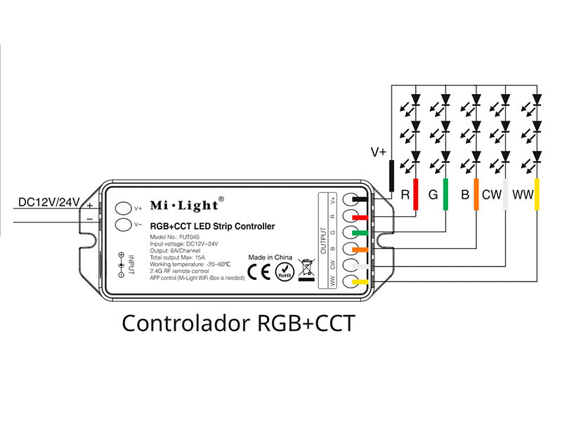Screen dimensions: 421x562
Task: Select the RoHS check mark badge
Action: click(x=284, y=270)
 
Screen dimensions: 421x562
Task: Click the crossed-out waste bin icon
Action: click(x=306, y=268)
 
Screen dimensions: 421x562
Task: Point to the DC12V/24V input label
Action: click(x=50, y=202)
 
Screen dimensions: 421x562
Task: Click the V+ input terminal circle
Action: click(x=123, y=208)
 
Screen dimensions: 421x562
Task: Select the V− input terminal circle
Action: click(x=123, y=225)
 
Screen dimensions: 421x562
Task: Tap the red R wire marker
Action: click(x=416, y=194)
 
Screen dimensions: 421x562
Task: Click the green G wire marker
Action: click(x=446, y=194)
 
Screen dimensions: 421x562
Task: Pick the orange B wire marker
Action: click(x=476, y=194)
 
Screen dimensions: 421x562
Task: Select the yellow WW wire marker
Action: click(x=537, y=194)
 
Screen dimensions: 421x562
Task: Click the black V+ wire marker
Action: click(x=391, y=175)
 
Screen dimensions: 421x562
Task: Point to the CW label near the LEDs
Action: click(x=491, y=194)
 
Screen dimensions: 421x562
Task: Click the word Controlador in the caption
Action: click(x=183, y=323)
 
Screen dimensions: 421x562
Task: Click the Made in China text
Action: click(x=270, y=258)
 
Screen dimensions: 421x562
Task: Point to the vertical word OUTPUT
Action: click(x=324, y=240)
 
